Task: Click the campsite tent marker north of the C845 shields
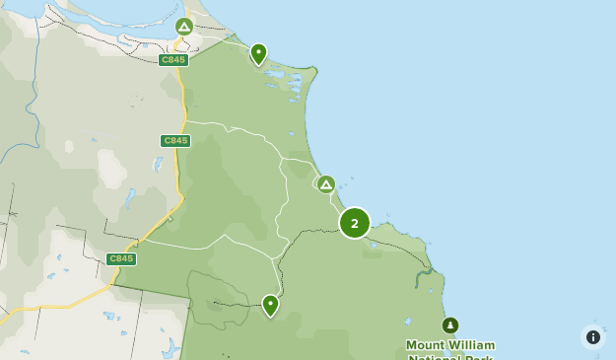coord(183,27)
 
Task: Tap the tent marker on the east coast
coord(326,184)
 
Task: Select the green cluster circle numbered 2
coord(355,223)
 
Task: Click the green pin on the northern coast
coord(258,53)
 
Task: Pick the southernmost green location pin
coord(270,305)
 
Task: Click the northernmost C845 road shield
coord(173,60)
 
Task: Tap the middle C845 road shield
coord(175,141)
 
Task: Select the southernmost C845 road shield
coord(121,258)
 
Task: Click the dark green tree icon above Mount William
coord(450,325)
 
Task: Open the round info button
coord(593,337)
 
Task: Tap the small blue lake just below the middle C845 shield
coord(158,163)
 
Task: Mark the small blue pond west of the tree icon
coord(407,321)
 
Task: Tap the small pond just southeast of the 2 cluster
coord(375,245)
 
